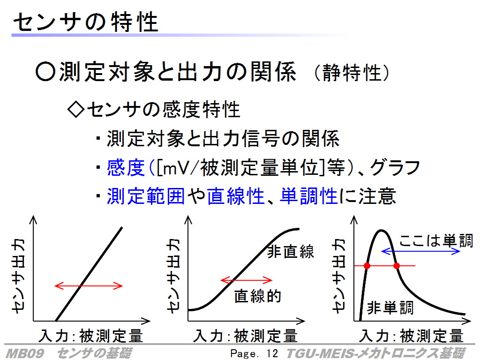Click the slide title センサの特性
[x=86, y=22]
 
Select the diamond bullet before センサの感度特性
[x=75, y=110]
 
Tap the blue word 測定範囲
[x=146, y=196]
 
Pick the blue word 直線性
[x=236, y=196]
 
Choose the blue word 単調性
[x=308, y=196]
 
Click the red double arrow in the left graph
[x=89, y=286]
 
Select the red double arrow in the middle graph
[x=246, y=280]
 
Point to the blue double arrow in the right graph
[x=420, y=251]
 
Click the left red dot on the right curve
[x=367, y=266]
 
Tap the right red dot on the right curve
[x=397, y=266]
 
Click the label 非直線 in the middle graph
[x=291, y=252]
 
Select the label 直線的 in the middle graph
[x=257, y=296]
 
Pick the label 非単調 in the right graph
[x=390, y=307]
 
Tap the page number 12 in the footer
[x=272, y=353]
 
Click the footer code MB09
[x=25, y=353]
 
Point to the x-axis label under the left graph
[x=90, y=336]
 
